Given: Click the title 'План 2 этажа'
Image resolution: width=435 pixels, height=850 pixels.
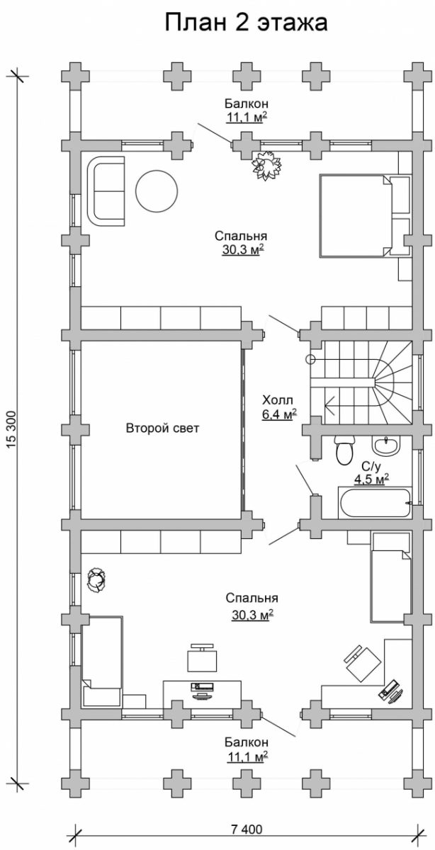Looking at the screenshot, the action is click(x=246, y=23).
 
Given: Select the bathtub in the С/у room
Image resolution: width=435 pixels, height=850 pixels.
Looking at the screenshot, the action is click(x=375, y=503).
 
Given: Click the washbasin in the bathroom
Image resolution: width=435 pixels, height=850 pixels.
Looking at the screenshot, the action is click(x=385, y=445).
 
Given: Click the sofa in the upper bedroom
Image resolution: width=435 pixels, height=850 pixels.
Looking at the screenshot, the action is click(x=106, y=191).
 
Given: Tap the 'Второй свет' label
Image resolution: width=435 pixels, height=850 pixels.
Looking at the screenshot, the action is click(x=162, y=429).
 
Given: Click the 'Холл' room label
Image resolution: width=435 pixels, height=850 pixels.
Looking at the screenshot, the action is click(x=278, y=400).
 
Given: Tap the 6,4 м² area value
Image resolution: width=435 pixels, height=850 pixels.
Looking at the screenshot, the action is click(x=279, y=414).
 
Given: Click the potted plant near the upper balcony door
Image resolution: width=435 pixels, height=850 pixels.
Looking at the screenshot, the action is click(x=268, y=165).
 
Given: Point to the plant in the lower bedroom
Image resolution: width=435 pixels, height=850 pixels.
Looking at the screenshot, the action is click(x=96, y=579).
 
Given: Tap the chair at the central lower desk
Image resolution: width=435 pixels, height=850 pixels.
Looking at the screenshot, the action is click(x=203, y=658).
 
